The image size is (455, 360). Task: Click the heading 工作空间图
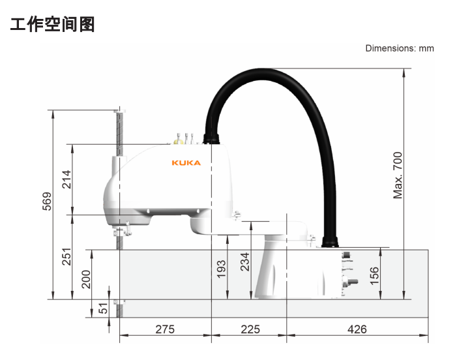[x=53, y=24]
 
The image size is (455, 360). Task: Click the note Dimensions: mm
[x=400, y=48]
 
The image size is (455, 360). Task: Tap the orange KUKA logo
[x=186, y=163]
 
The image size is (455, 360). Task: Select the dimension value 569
[x=47, y=201]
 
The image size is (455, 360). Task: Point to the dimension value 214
[x=66, y=179]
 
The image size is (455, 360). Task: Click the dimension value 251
[x=66, y=257]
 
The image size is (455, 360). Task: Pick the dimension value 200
[x=86, y=279]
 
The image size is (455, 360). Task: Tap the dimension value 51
[x=103, y=308]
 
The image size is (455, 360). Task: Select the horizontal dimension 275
[x=165, y=329]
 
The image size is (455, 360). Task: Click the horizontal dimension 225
[x=250, y=329]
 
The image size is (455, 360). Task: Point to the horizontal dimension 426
[x=357, y=329]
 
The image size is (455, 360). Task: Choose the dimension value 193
[x=221, y=269]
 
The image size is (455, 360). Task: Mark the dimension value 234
[x=245, y=262]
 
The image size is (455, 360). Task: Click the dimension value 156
[x=374, y=276]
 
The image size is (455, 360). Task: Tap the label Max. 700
[x=398, y=175]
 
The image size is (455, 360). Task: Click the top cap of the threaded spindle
[x=120, y=111]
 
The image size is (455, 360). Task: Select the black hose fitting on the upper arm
[x=211, y=139]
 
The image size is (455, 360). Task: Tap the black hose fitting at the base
[x=330, y=242]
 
